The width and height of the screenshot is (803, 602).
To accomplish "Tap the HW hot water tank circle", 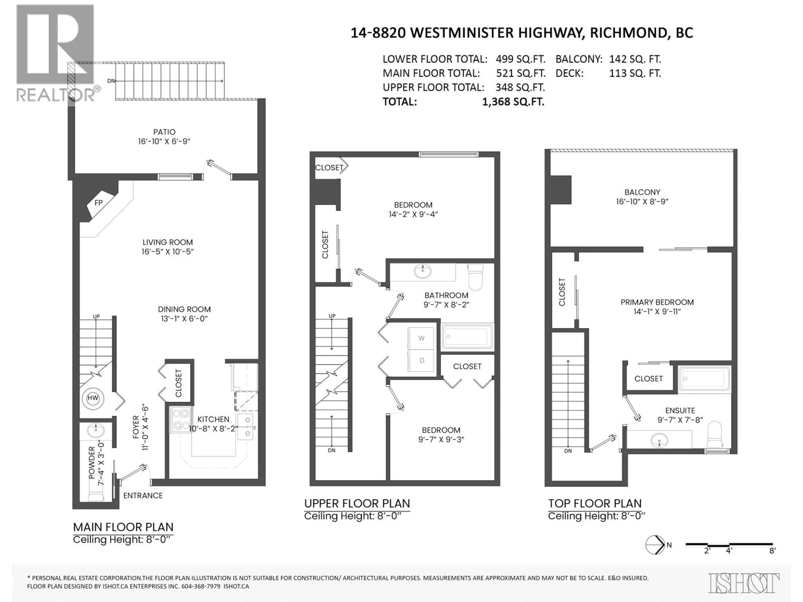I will coord(93,398).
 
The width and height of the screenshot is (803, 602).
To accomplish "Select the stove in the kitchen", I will coord(181,419).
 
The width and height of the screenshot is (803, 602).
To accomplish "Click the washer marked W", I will coord(421,338).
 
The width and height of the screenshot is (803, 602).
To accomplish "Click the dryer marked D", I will coord(421,360).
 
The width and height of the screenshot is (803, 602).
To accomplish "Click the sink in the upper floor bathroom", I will coord(423,271).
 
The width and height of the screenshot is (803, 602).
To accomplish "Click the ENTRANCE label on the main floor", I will coord(143,496).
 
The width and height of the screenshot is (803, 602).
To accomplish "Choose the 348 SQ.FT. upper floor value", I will coord(520,87).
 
